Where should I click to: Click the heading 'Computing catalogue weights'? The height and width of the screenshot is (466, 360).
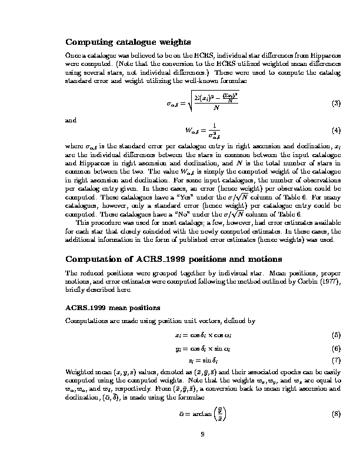point(128,42)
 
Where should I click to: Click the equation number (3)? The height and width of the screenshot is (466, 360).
point(336,104)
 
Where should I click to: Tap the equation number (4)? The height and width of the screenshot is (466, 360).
point(336,129)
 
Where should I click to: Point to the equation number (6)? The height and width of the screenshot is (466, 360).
point(336,348)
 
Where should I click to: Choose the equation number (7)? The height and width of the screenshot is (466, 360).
point(336,360)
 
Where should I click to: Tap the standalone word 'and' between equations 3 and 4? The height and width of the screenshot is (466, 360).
point(71,120)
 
